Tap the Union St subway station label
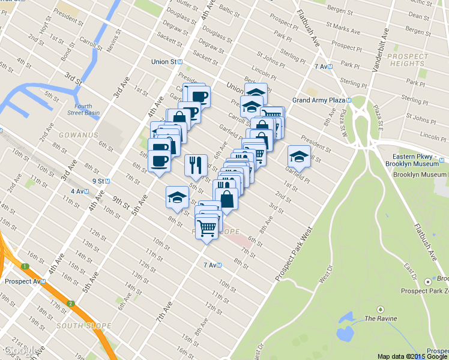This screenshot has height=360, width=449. coord(167,61)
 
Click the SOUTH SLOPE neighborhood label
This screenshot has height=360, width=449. coord(84,326)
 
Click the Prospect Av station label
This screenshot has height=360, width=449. coord(22,281)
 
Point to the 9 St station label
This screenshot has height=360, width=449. coord(99,181)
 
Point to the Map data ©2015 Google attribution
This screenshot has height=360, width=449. coord(412,356)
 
